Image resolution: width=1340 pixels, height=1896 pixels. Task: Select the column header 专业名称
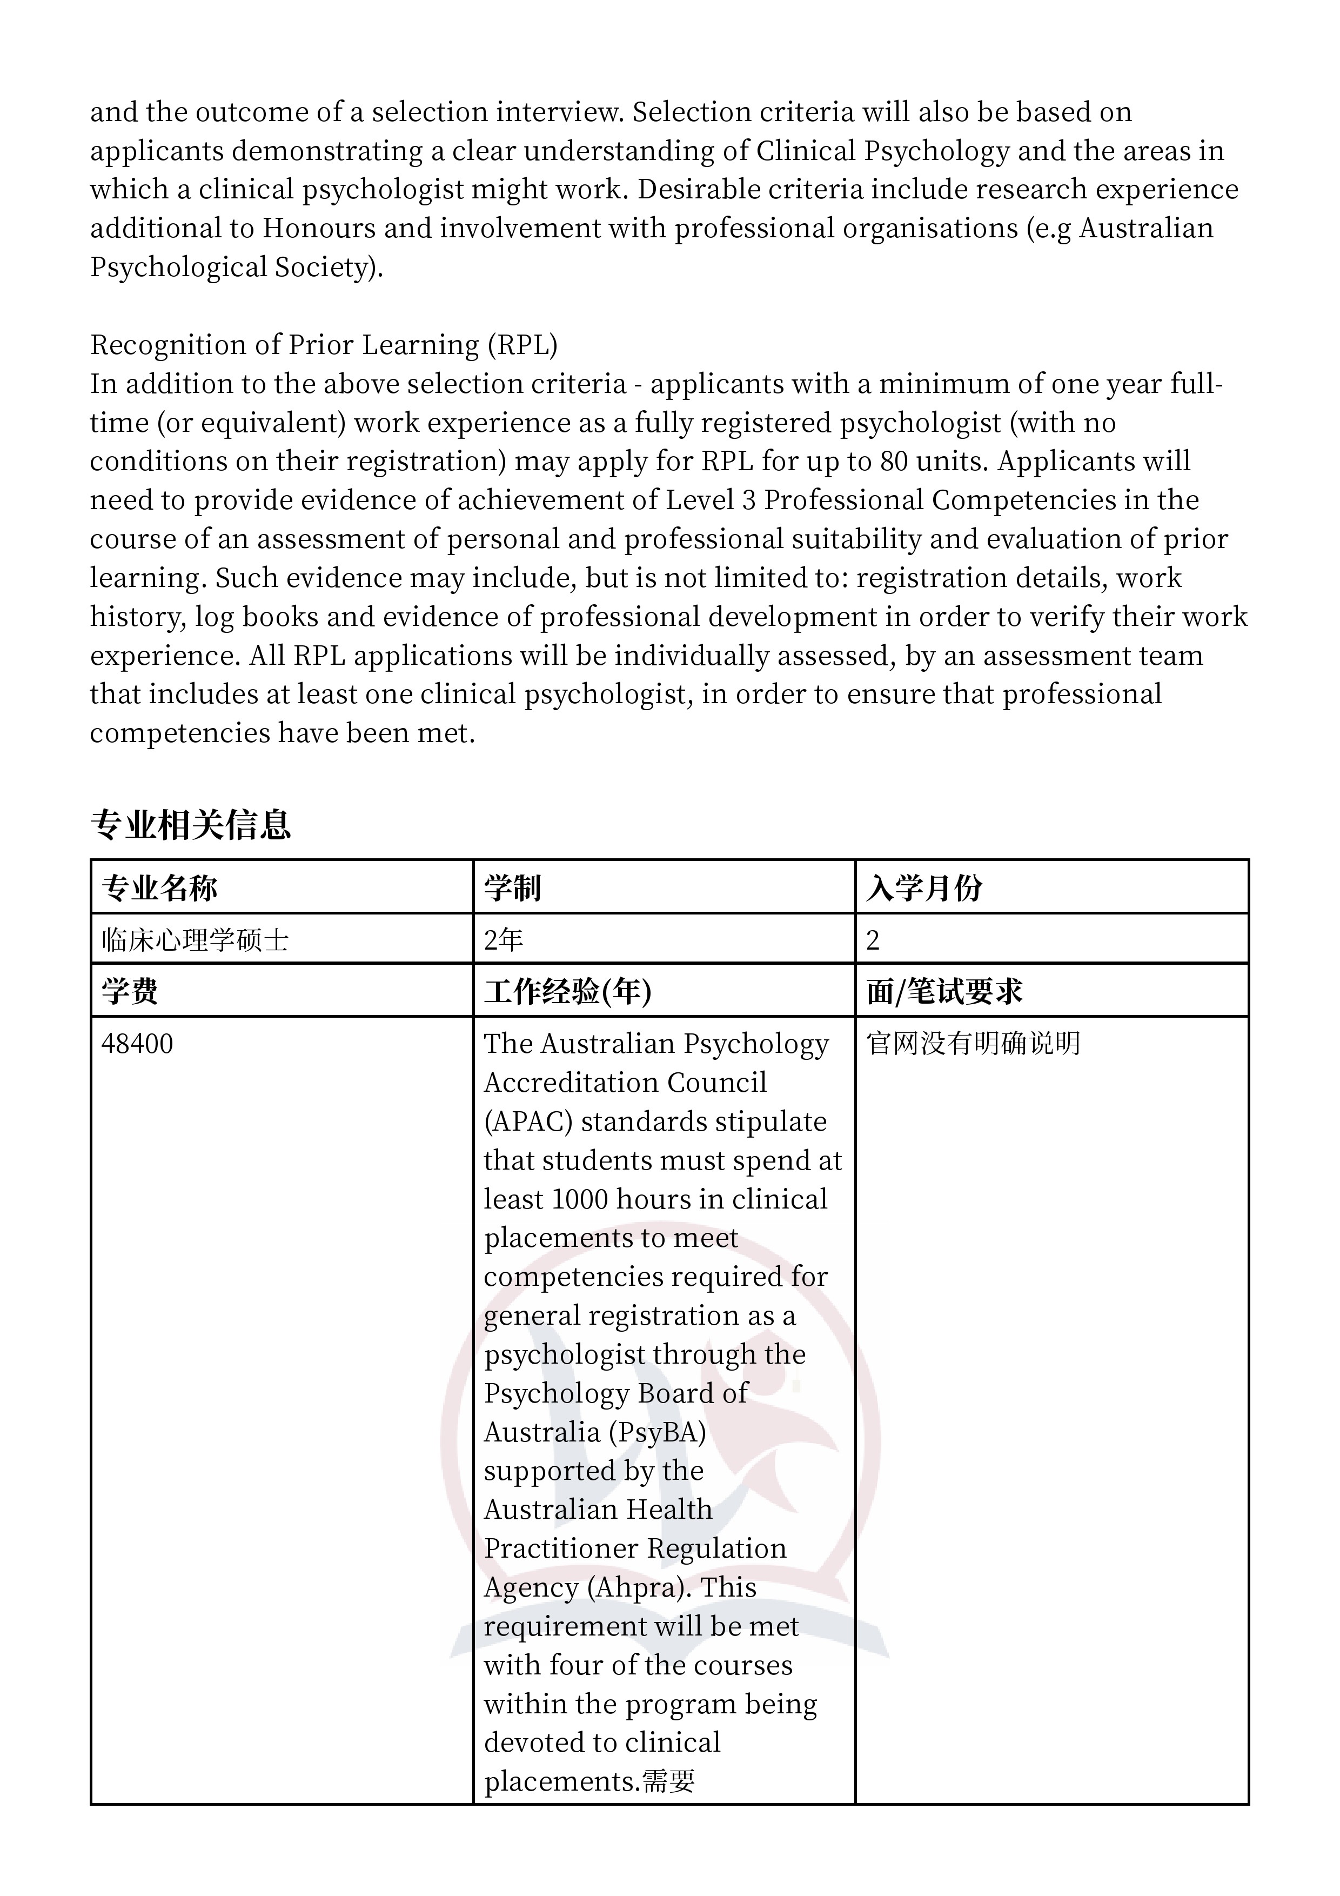(159, 887)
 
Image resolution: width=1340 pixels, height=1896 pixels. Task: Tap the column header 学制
(512, 887)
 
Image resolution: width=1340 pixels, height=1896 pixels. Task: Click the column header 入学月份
(924, 887)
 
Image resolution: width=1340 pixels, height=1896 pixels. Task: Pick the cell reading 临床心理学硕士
(195, 940)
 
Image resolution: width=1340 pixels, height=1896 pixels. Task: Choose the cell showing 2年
(504, 940)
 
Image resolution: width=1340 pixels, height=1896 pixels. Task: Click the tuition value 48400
(137, 1044)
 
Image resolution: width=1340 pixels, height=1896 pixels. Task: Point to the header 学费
(130, 991)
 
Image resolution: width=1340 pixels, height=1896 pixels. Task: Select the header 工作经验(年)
(567, 991)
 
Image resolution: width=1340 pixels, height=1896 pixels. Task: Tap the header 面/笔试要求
(944, 991)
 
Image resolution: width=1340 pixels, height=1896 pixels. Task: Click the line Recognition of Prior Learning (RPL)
(324, 344)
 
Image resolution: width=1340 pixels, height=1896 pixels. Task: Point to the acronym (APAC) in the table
(528, 1121)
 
